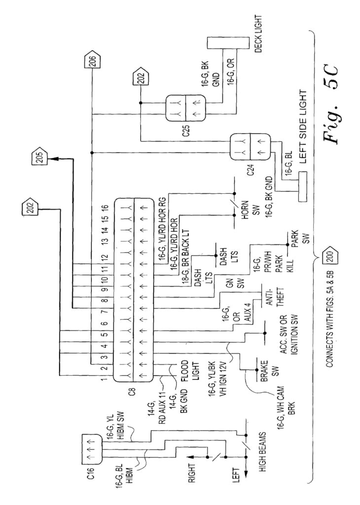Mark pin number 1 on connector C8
(x=105, y=379)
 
